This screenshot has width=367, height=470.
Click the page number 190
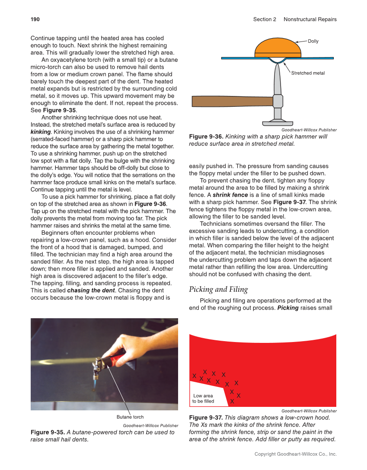35,19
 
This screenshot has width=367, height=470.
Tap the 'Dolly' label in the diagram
313,41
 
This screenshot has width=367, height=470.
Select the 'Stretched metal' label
308,73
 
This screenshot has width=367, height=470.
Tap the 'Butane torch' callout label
130,417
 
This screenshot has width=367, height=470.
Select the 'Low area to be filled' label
203,398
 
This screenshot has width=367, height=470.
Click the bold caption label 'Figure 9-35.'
48,432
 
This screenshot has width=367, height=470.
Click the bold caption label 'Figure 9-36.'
206,137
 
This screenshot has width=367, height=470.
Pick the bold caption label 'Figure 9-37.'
206,417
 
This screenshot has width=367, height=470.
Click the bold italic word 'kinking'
41,131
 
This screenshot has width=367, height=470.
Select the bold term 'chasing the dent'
90,290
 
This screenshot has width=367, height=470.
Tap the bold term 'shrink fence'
230,195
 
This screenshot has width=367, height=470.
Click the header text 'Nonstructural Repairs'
310,19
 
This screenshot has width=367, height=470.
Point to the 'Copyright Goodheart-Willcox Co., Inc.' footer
295,454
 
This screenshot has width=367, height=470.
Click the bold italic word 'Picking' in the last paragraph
288,308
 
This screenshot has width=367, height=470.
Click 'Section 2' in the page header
265,19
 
